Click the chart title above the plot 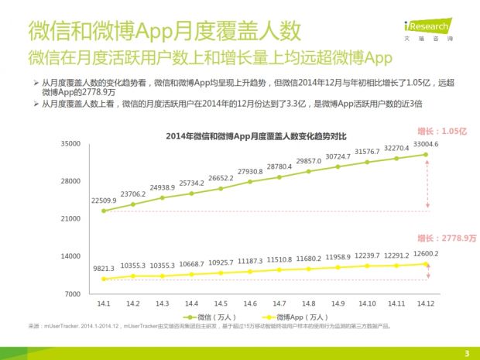click(x=254, y=136)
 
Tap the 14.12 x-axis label click(x=426, y=303)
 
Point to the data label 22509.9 click(x=105, y=201)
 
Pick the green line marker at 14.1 click(x=104, y=211)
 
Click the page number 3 click(x=467, y=354)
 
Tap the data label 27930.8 click(x=250, y=171)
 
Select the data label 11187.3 click(x=250, y=262)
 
